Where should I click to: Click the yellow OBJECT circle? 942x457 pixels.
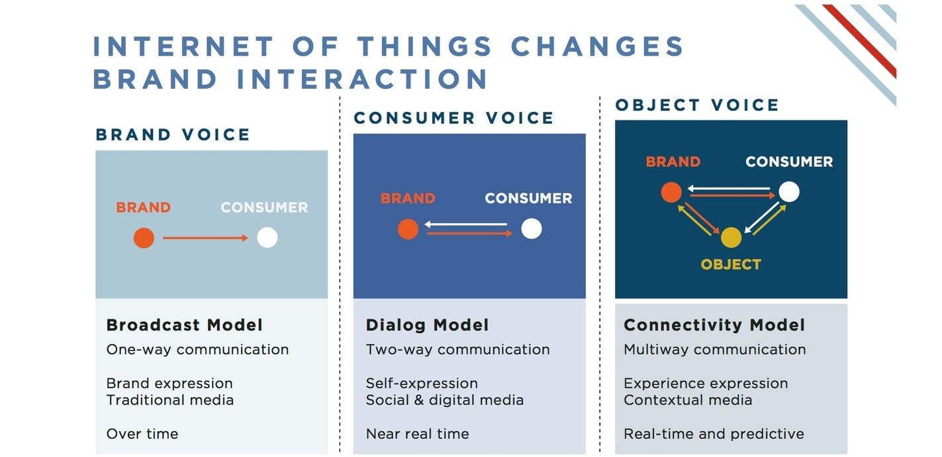tap(731, 237)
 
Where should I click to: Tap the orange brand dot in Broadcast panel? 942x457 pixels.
tap(144, 238)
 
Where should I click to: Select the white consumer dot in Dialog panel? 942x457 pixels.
tap(531, 228)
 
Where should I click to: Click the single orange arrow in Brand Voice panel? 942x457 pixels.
tap(205, 238)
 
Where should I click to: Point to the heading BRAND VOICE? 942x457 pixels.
tap(173, 135)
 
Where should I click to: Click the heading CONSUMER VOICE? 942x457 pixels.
tap(453, 119)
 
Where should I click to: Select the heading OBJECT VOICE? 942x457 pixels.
tap(697, 105)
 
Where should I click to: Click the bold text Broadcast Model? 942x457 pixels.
tap(185, 325)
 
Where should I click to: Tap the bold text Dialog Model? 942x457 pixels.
tap(427, 325)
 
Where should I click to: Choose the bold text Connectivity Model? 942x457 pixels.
tap(714, 325)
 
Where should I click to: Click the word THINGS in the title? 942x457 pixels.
tap(424, 47)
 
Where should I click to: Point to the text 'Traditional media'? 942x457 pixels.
tap(169, 400)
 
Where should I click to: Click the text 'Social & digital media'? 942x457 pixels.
tap(444, 400)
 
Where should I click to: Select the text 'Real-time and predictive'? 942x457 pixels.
tap(714, 434)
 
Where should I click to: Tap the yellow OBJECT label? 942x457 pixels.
tap(731, 264)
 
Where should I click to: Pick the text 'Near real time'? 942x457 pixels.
tap(417, 434)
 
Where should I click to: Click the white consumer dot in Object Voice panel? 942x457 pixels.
tap(788, 192)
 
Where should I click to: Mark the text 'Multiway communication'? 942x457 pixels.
tap(714, 350)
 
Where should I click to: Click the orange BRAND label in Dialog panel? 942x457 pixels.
tap(408, 198)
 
